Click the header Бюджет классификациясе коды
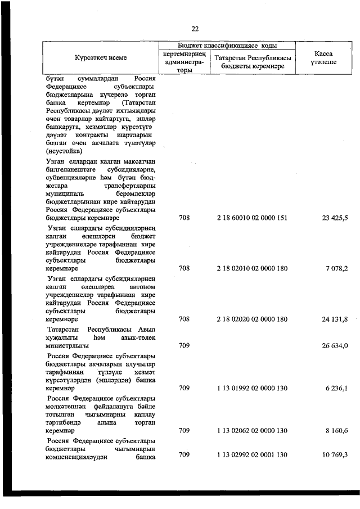[x=227, y=45]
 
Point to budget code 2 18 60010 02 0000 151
[x=251, y=218]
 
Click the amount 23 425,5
[x=334, y=218]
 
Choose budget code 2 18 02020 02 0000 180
[x=251, y=319]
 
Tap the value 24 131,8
[x=334, y=319]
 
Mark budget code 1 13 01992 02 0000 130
[x=251, y=388]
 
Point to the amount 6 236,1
[x=336, y=388]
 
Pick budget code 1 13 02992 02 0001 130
[x=251, y=454]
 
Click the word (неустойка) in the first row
[x=64, y=151]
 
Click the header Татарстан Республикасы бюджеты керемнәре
[x=251, y=62]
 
